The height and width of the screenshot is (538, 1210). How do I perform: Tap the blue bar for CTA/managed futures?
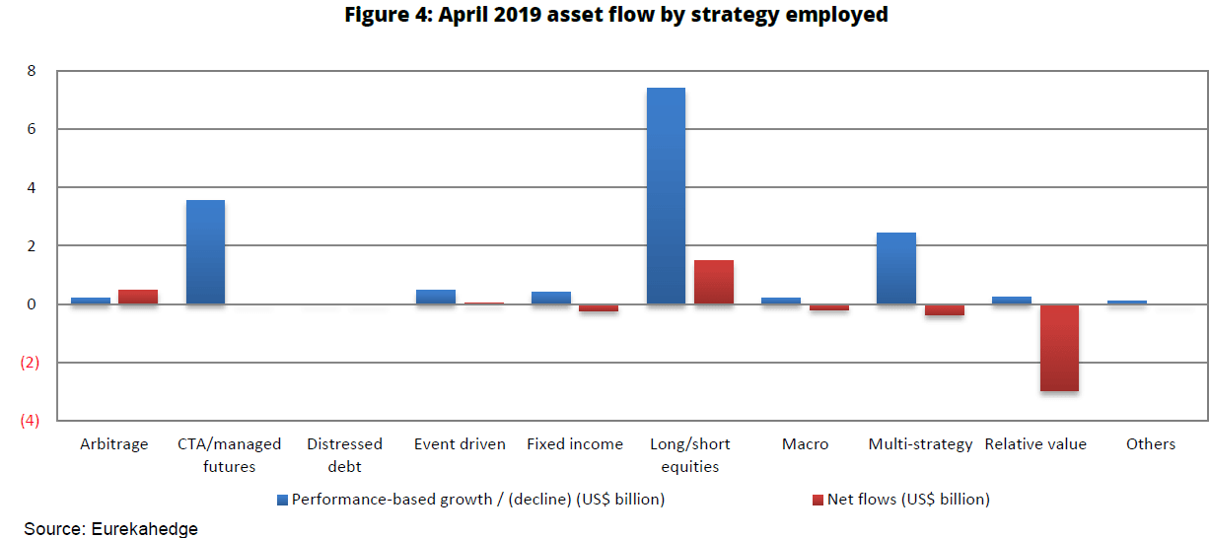205,252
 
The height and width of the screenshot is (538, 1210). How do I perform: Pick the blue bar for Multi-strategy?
896,268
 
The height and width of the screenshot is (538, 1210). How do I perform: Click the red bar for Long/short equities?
714,282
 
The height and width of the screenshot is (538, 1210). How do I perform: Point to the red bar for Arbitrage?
138,297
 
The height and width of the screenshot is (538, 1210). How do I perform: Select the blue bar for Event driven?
436,297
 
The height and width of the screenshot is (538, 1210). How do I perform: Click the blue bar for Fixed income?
551,298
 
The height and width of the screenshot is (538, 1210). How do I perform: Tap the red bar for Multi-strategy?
945,309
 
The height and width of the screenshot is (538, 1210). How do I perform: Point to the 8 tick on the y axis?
32,71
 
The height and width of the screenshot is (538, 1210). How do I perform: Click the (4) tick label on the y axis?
30,421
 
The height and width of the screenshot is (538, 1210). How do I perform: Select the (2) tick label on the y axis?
30,363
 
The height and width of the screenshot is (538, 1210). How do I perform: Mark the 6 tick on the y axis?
32,129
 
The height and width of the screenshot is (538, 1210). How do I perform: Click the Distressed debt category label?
344,455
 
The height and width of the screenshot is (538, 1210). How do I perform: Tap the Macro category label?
805,444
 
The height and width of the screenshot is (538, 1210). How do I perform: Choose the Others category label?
1151,444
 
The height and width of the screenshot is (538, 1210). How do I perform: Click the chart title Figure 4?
616,15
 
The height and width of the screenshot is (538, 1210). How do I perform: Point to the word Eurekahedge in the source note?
145,529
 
